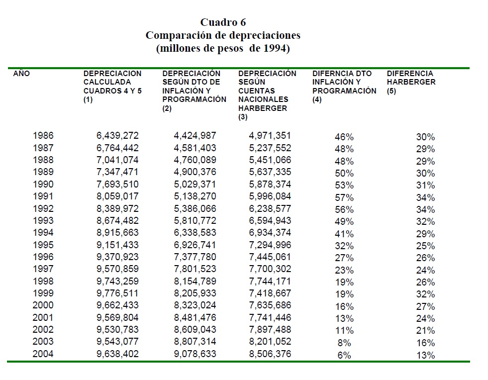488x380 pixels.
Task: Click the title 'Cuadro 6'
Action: (223, 22)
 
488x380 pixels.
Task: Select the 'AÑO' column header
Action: (21, 74)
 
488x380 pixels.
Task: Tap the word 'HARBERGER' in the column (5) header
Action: (411, 82)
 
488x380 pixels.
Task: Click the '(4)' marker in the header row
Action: (317, 99)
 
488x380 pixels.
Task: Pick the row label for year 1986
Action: (43, 136)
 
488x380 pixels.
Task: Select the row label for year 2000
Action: (43, 305)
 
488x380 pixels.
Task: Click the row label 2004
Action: (43, 354)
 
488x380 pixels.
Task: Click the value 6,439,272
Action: (117, 136)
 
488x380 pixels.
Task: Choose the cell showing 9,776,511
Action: (117, 293)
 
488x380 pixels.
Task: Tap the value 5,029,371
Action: (195, 185)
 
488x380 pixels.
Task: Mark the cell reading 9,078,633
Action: (195, 354)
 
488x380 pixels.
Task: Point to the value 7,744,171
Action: (270, 281)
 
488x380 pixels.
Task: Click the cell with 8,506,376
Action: (270, 354)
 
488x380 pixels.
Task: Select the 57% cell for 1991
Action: (344, 197)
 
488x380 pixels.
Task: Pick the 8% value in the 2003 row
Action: (344, 343)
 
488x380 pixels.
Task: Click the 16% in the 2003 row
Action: (425, 343)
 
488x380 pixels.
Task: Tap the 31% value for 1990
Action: (425, 186)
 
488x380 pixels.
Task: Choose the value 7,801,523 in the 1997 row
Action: (195, 269)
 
